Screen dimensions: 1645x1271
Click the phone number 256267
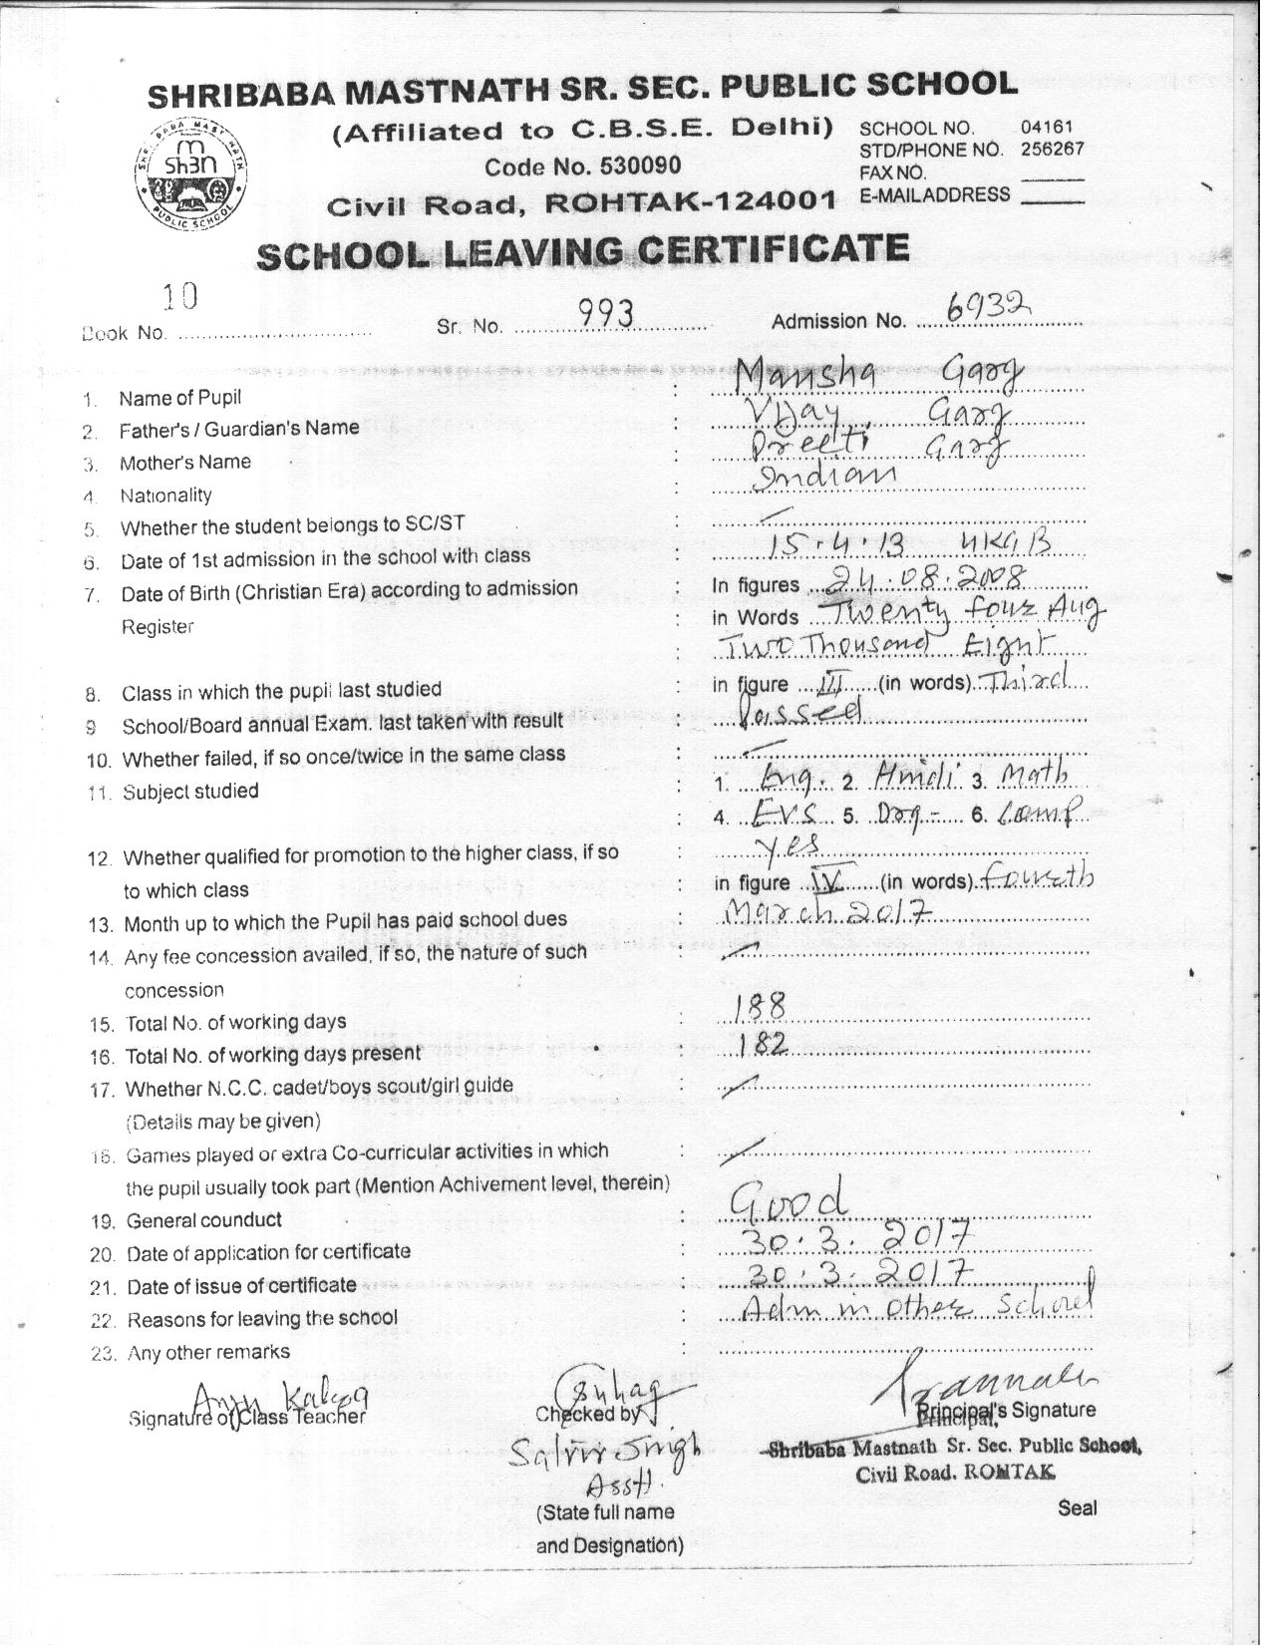[1052, 150]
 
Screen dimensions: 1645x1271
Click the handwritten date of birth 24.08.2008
[928, 577]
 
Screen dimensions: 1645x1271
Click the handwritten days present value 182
[765, 1044]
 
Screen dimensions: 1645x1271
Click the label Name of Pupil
[179, 399]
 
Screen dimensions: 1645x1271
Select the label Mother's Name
[184, 463]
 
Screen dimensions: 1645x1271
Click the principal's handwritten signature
[982, 1381]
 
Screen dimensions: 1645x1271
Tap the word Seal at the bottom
[1077, 1507]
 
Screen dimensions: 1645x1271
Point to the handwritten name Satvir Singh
[603, 1449]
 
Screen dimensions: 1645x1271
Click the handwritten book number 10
[179, 296]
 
